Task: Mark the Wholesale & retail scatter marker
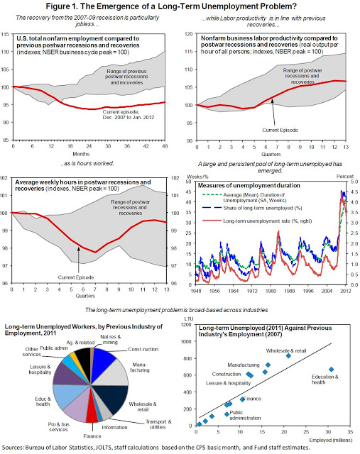click(288, 355)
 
